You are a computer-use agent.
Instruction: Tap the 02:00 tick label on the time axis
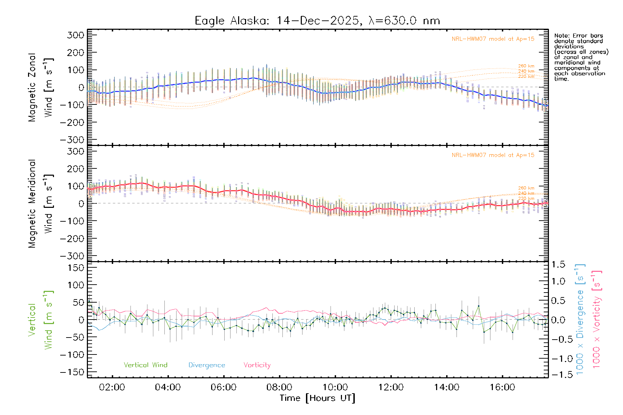pos(112,387)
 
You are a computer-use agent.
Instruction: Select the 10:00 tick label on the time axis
pos(335,387)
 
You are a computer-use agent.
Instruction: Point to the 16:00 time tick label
pos(502,387)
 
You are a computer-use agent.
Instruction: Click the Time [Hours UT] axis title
pos(317,398)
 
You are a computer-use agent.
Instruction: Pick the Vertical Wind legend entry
pos(145,365)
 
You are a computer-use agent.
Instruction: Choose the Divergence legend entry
pos(207,365)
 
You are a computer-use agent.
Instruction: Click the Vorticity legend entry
pos(257,365)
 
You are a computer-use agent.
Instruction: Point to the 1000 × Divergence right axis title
pos(580,319)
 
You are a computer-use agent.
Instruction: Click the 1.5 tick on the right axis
pos(558,265)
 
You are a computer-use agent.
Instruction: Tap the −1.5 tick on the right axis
pos(558,375)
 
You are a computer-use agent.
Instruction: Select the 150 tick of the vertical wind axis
pos(75,268)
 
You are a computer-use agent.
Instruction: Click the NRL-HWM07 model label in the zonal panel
pos(493,39)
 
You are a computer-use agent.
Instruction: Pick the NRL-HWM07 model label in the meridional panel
pos(493,155)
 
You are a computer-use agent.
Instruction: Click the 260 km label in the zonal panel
pos(526,66)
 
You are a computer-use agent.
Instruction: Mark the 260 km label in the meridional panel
pos(526,188)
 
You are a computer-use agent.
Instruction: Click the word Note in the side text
pos(561,36)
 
